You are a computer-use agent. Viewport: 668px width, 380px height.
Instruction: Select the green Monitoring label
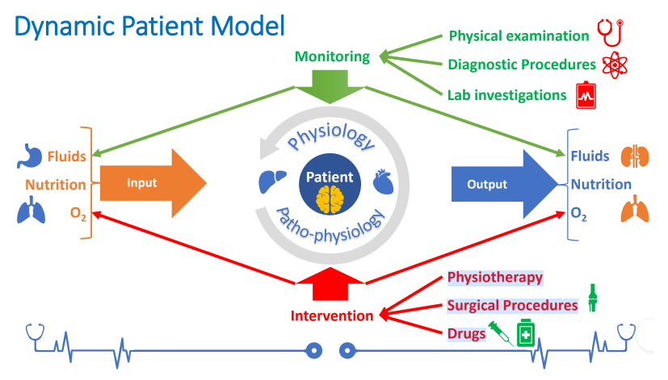click(332, 56)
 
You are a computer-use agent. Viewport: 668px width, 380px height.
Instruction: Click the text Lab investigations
click(506, 95)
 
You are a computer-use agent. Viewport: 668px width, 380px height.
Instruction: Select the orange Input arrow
click(153, 183)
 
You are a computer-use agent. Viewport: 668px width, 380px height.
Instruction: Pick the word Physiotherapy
click(494, 278)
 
